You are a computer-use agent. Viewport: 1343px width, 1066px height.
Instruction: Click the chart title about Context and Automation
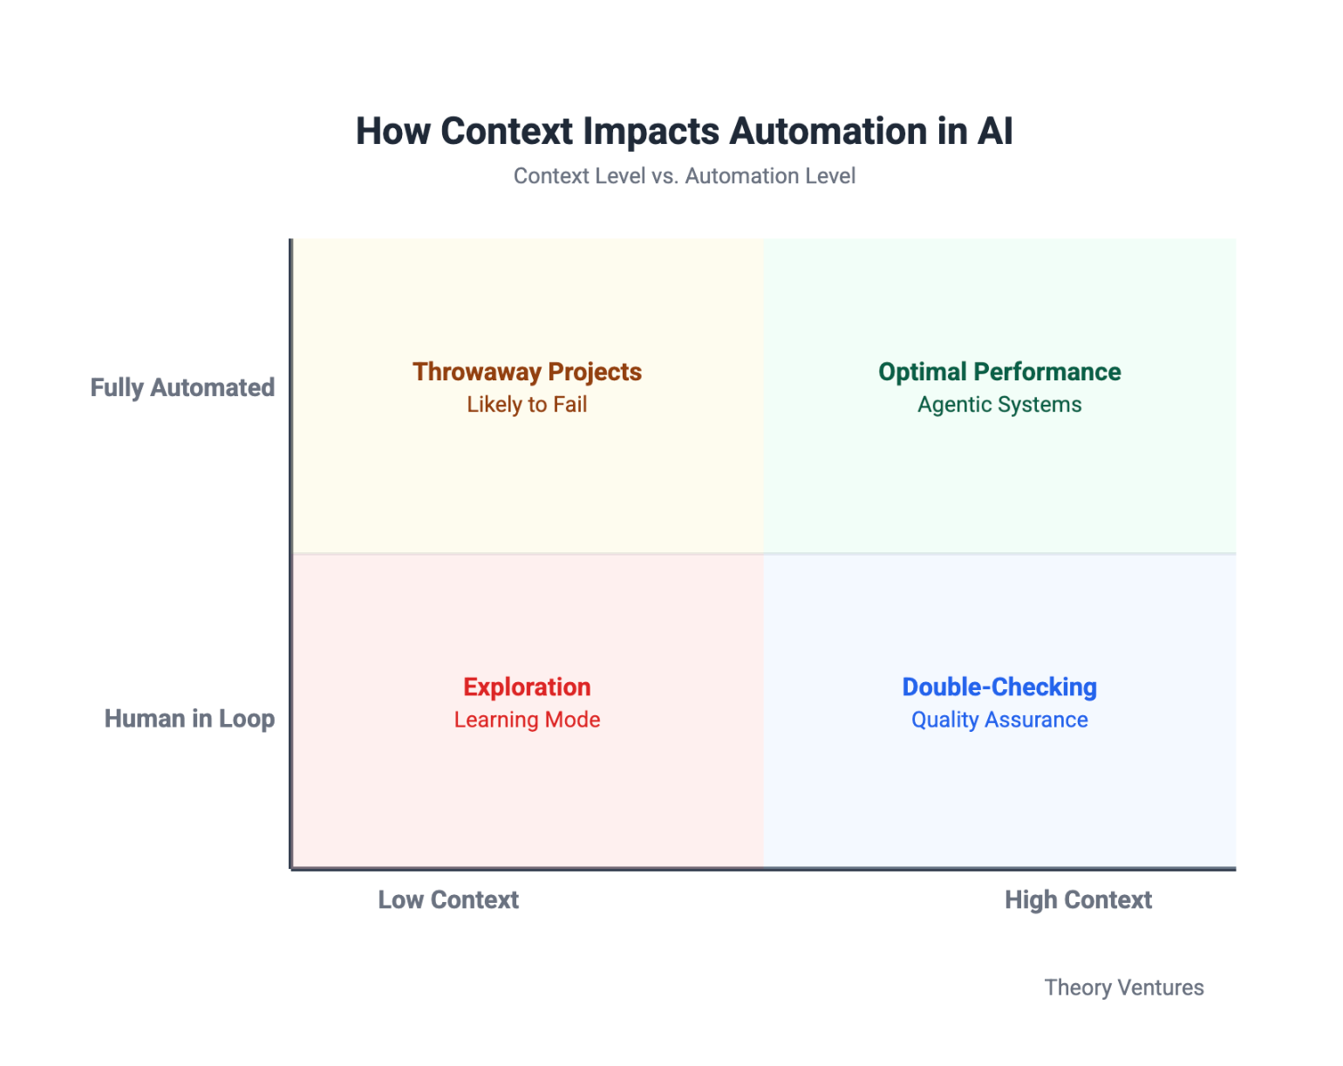pos(684,132)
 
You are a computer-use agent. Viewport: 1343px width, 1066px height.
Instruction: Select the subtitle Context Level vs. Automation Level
pos(684,176)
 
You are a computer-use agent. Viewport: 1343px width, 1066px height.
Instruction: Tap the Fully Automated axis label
pos(182,387)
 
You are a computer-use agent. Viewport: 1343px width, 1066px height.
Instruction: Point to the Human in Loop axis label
pos(189,719)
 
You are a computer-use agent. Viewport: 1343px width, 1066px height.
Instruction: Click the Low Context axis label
pos(448,900)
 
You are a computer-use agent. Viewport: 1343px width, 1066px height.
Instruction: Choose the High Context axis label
pos(1078,900)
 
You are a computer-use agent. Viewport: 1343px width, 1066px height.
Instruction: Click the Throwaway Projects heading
pos(527,372)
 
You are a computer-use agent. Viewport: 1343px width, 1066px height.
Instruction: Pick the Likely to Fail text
pos(527,405)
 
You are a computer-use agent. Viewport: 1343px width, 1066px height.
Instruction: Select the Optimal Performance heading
pos(999,372)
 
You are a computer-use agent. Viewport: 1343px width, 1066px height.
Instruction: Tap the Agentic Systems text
pos(999,405)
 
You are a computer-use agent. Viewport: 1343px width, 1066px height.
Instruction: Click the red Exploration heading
pos(527,687)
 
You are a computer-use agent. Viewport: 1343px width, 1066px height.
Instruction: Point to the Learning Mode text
pos(527,721)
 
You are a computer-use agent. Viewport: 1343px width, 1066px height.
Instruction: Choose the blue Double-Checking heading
pos(999,687)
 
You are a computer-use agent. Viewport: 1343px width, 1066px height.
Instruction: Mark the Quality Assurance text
pos(999,721)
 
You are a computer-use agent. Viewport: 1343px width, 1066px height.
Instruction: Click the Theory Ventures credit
pos(1124,987)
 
